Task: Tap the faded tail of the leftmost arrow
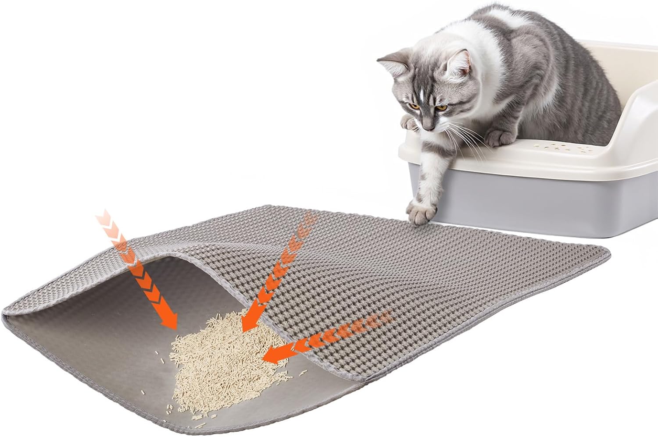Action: (104, 217)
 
